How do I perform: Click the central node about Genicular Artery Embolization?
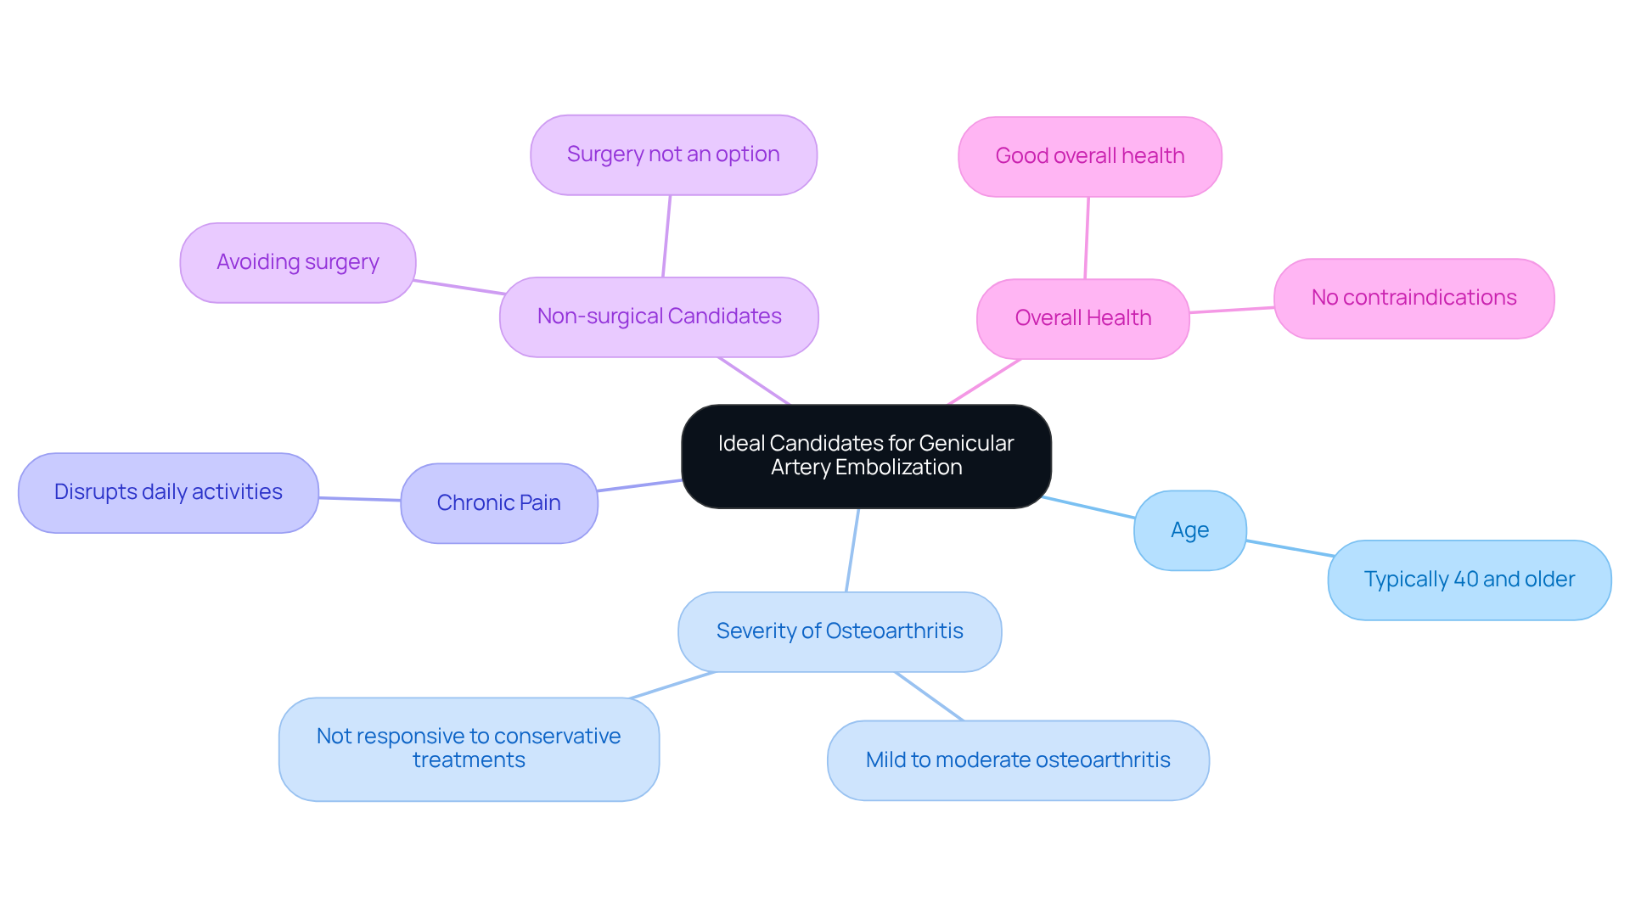pyautogui.click(x=866, y=456)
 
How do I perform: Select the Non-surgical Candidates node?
pyautogui.click(x=659, y=317)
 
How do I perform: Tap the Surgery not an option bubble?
pyautogui.click(x=673, y=154)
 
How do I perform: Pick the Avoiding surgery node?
pyautogui.click(x=297, y=262)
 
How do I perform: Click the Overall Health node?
pyautogui.click(x=1082, y=318)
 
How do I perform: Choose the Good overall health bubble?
pyautogui.click(x=1089, y=156)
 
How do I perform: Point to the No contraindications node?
pyautogui.click(x=1414, y=298)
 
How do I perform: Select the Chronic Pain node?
pyautogui.click(x=498, y=502)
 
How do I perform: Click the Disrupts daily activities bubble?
pyautogui.click(x=168, y=492)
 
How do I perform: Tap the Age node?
pyautogui.click(x=1189, y=530)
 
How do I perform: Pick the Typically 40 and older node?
pyautogui.click(x=1469, y=580)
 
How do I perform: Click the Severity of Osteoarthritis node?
pyautogui.click(x=839, y=631)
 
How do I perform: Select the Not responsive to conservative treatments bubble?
pyautogui.click(x=469, y=748)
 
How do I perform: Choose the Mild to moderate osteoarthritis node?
pyautogui.click(x=1017, y=760)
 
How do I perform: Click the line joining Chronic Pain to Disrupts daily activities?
pyautogui.click(x=359, y=499)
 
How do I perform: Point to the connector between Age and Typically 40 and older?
pyautogui.click(x=1288, y=548)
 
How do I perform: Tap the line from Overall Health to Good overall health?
pyautogui.click(x=1087, y=238)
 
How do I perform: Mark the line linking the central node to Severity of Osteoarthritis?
pyautogui.click(x=852, y=550)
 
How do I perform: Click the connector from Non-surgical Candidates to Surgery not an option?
pyautogui.click(x=666, y=236)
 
